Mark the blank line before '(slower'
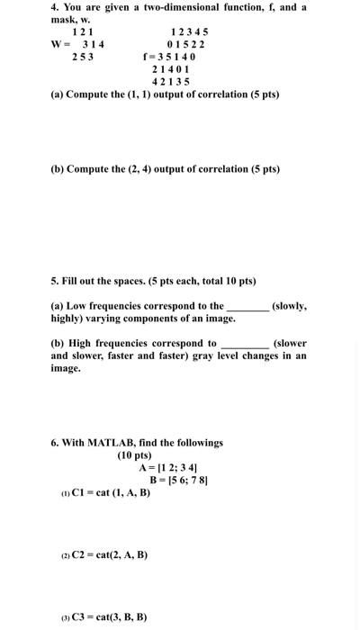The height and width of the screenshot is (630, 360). point(244,343)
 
